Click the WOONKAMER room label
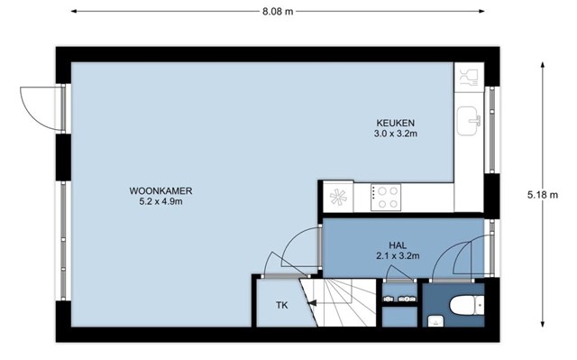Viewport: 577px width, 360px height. [x=160, y=191]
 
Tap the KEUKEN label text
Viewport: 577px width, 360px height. [x=395, y=123]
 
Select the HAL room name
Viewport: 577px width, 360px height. [x=398, y=245]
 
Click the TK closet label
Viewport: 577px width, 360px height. [x=282, y=305]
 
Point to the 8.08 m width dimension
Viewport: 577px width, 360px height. [x=278, y=12]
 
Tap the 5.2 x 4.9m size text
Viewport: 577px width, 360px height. [x=160, y=202]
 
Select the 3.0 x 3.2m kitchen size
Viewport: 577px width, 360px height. [x=396, y=134]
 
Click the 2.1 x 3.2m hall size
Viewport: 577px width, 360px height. [x=398, y=256]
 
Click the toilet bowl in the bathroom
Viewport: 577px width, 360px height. [x=467, y=306]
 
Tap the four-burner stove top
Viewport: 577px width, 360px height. [x=386, y=198]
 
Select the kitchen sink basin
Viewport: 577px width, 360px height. [x=468, y=121]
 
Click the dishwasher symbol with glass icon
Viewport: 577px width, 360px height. [x=469, y=78]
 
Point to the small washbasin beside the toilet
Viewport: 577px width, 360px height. [x=436, y=321]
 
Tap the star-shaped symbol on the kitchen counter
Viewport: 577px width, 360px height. [x=338, y=197]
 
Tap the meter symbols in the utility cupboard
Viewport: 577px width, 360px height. [x=399, y=299]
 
